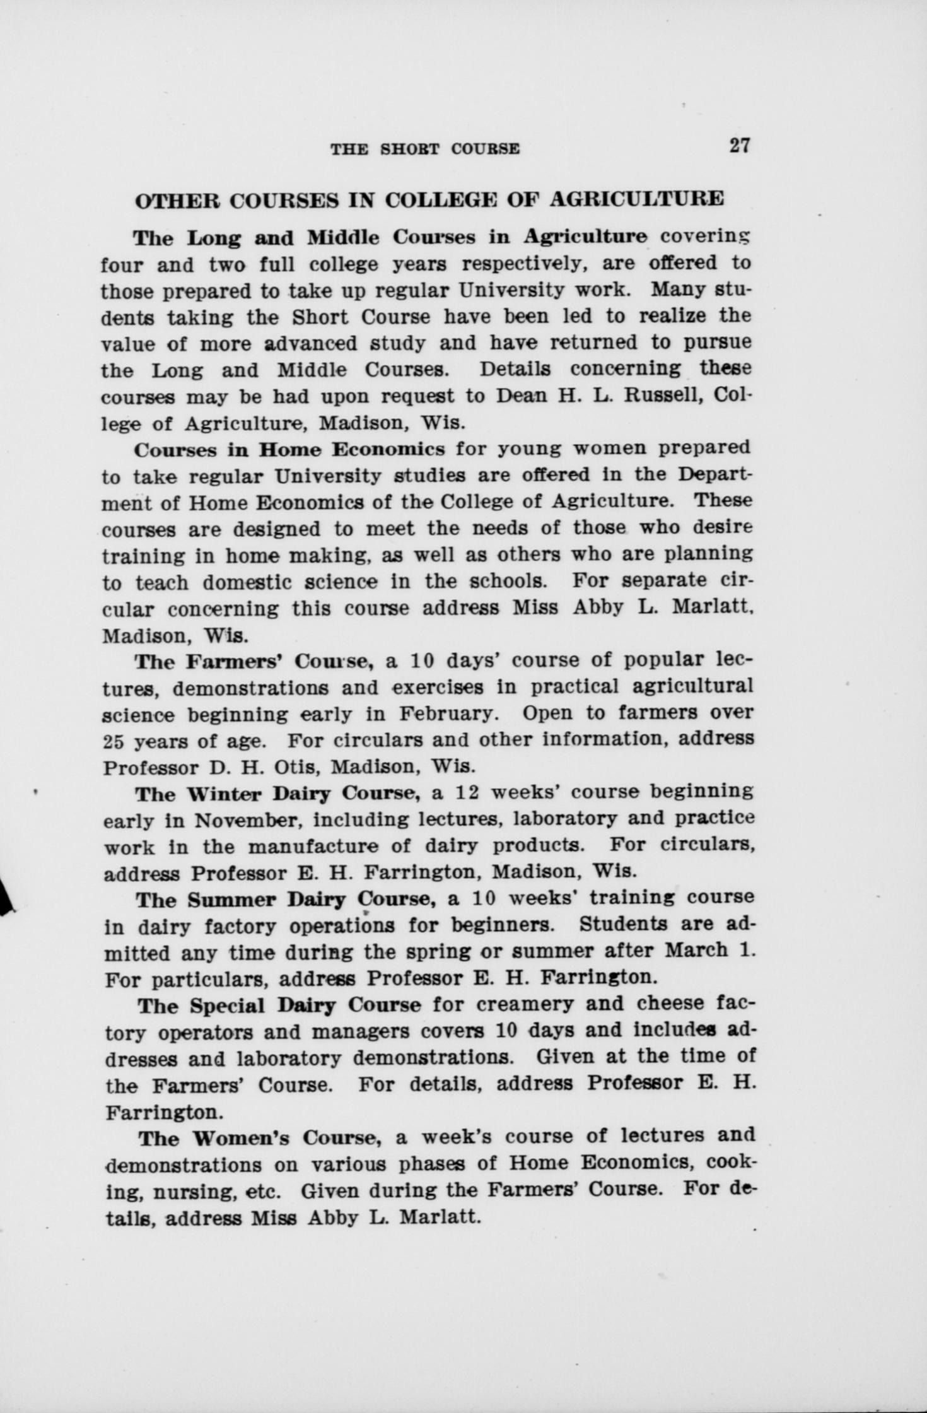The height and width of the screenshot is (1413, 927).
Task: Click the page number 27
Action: tap(740, 146)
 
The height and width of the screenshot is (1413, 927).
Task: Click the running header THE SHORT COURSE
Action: tap(426, 149)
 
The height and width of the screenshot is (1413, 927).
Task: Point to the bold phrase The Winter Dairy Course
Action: tap(277, 793)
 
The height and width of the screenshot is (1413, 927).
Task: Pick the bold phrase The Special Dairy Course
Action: tap(279, 1005)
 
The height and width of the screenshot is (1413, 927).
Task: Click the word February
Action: tap(445, 715)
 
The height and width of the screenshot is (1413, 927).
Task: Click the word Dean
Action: tap(522, 396)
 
